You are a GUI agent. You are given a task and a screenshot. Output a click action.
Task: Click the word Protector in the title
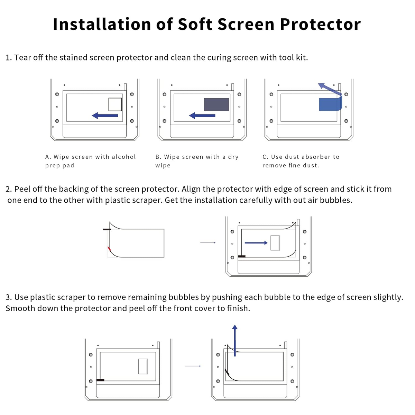click(320, 24)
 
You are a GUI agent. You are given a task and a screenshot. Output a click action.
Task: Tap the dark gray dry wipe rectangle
click(216, 104)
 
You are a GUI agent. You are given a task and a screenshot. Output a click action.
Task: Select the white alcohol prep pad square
click(115, 104)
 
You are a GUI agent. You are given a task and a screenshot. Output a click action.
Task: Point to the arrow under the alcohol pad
click(105, 116)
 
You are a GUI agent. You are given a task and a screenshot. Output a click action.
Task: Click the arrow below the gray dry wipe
click(202, 116)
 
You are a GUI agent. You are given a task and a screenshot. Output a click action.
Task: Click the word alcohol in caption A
click(124, 157)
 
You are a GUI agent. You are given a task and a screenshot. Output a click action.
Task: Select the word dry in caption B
click(233, 157)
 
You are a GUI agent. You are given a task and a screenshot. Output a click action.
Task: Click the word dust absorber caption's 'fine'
click(295, 166)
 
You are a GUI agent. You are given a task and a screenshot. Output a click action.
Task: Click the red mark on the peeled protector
click(109, 248)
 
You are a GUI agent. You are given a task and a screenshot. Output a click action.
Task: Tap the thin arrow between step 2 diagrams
click(208, 243)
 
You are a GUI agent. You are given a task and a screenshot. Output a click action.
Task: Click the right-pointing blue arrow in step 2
click(256, 243)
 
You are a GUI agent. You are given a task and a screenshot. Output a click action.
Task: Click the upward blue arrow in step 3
click(235, 340)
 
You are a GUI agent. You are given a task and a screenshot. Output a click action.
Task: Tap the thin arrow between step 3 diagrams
click(193, 366)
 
